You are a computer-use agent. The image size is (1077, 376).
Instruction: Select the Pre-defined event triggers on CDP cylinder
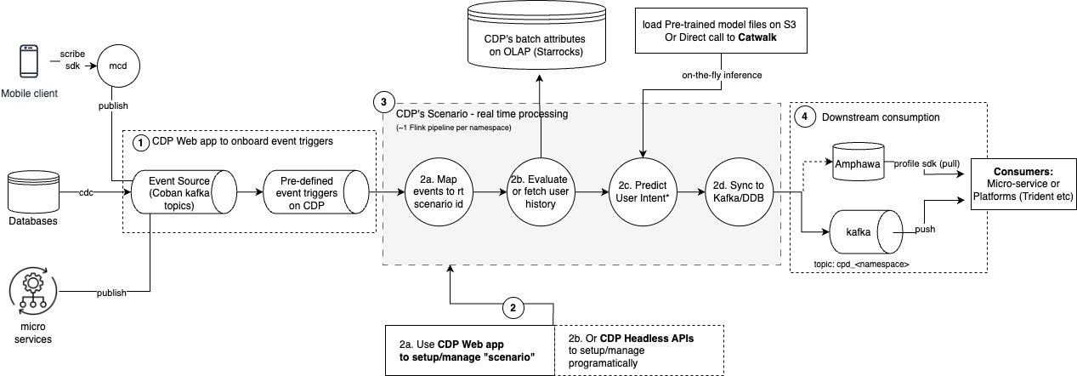[312, 194]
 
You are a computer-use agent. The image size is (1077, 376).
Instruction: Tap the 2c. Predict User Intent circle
[642, 194]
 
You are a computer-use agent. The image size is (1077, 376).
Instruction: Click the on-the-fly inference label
[723, 76]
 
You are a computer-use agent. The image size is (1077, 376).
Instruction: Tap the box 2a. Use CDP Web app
[470, 349]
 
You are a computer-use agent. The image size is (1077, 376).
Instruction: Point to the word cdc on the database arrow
[87, 193]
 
